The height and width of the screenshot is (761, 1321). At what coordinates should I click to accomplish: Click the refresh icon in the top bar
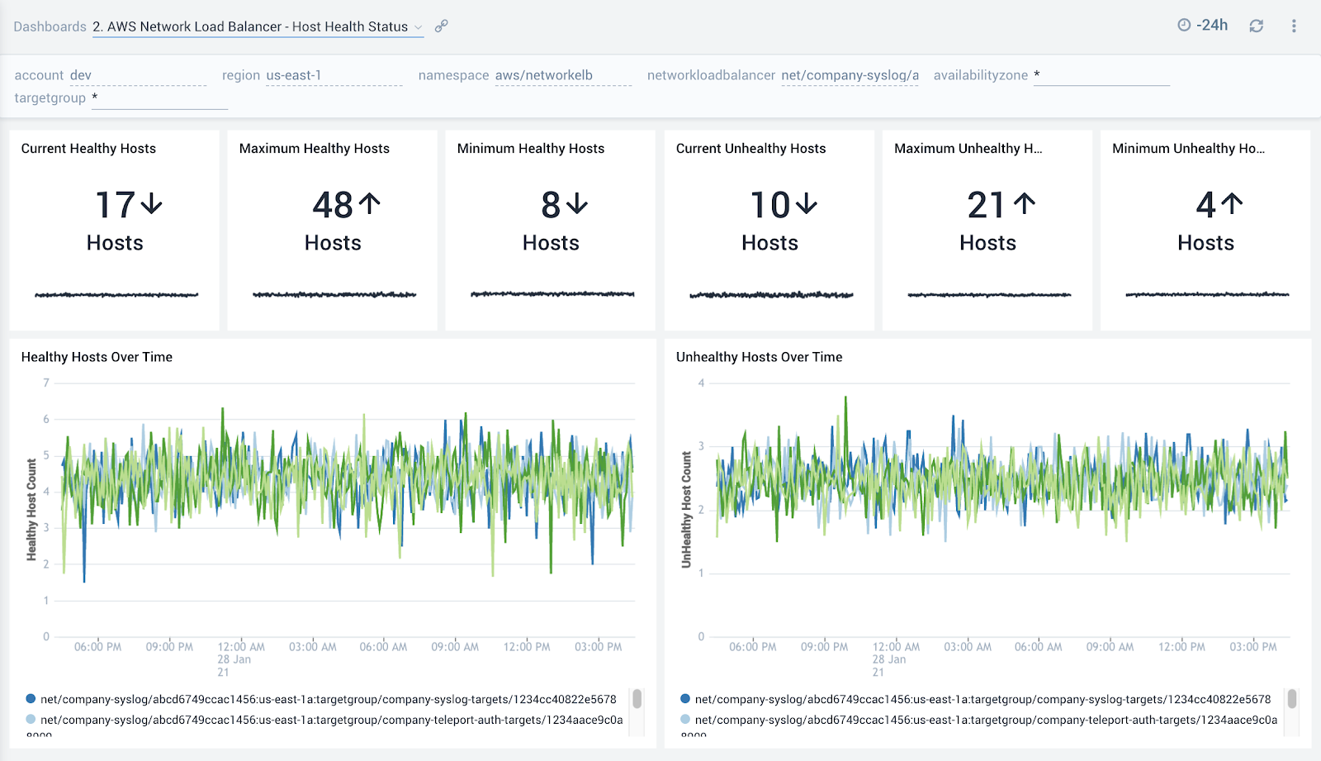pyautogui.click(x=1256, y=26)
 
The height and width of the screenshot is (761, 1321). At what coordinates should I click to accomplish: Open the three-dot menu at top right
pyautogui.click(x=1294, y=26)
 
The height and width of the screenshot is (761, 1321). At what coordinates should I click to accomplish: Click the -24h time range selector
pyautogui.click(x=1203, y=26)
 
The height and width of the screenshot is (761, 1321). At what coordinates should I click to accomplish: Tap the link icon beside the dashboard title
pyautogui.click(x=442, y=26)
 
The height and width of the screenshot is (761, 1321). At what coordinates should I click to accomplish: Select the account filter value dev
pyautogui.click(x=81, y=75)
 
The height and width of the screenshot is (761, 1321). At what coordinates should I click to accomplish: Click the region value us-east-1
pyautogui.click(x=293, y=75)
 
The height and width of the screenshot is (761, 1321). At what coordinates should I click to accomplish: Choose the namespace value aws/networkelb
pyautogui.click(x=543, y=75)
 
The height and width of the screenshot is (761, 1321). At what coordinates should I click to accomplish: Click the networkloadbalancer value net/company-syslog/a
pyautogui.click(x=850, y=75)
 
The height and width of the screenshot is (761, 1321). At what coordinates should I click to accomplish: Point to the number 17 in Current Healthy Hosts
pyautogui.click(x=116, y=205)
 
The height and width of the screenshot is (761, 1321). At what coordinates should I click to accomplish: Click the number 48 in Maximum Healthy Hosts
pyautogui.click(x=333, y=205)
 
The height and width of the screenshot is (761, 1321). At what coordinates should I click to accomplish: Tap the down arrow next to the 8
pyautogui.click(x=577, y=203)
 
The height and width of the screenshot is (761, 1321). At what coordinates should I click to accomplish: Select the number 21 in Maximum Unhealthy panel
pyautogui.click(x=986, y=205)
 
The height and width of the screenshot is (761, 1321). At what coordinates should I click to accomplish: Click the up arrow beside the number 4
pyautogui.click(x=1232, y=203)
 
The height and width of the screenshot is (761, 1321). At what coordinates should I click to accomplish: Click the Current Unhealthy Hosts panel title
pyautogui.click(x=750, y=149)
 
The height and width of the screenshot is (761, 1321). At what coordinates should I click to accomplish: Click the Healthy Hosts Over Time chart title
pyautogui.click(x=97, y=357)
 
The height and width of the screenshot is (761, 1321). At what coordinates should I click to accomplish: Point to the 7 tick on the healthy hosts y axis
pyautogui.click(x=46, y=383)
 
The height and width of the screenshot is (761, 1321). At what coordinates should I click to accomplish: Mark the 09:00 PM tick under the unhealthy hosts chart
pyautogui.click(x=824, y=647)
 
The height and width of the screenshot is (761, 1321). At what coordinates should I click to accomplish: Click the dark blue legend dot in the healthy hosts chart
pyautogui.click(x=31, y=699)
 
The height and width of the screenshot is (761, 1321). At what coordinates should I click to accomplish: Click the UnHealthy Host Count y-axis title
pyautogui.click(x=686, y=509)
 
